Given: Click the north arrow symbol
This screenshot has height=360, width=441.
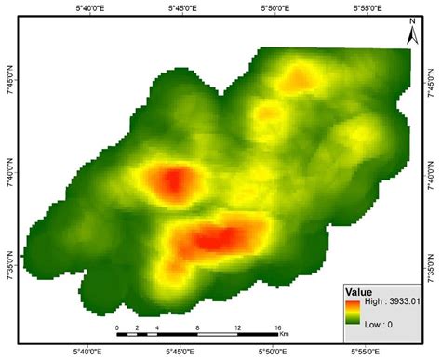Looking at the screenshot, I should (x=411, y=36).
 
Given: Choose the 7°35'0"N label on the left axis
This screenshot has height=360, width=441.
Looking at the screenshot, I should (x=7, y=263).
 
